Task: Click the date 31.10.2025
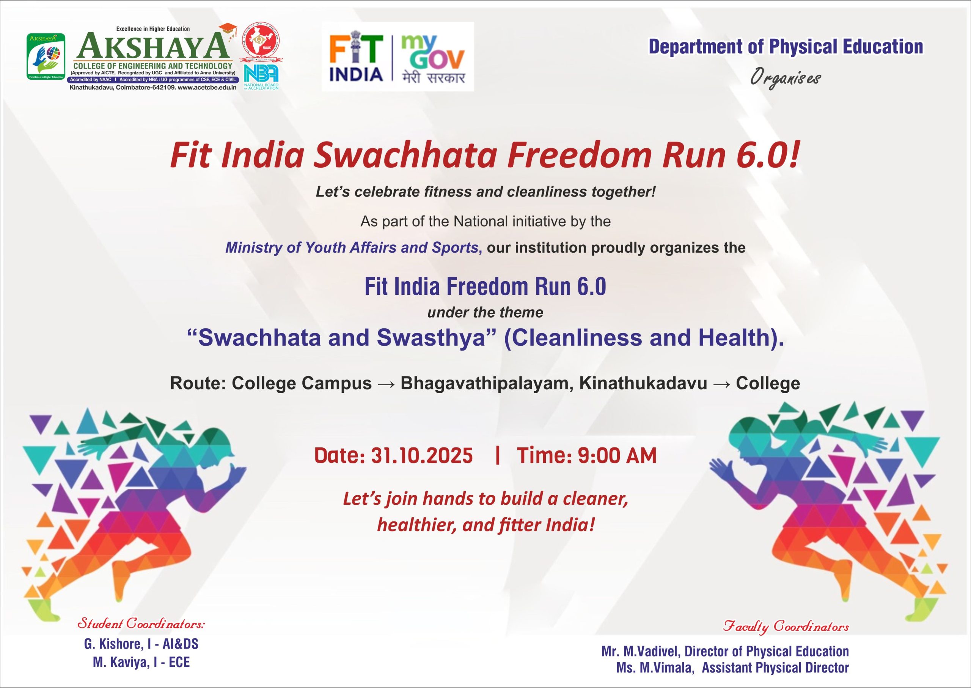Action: tap(421, 456)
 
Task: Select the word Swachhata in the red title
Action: tap(405, 156)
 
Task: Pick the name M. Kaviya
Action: tap(121, 662)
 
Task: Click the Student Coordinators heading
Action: tap(141, 624)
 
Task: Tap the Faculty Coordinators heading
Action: tap(786, 627)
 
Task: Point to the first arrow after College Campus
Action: tap(386, 384)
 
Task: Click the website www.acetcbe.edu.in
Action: tap(207, 88)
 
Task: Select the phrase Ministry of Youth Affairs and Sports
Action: tap(352, 247)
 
